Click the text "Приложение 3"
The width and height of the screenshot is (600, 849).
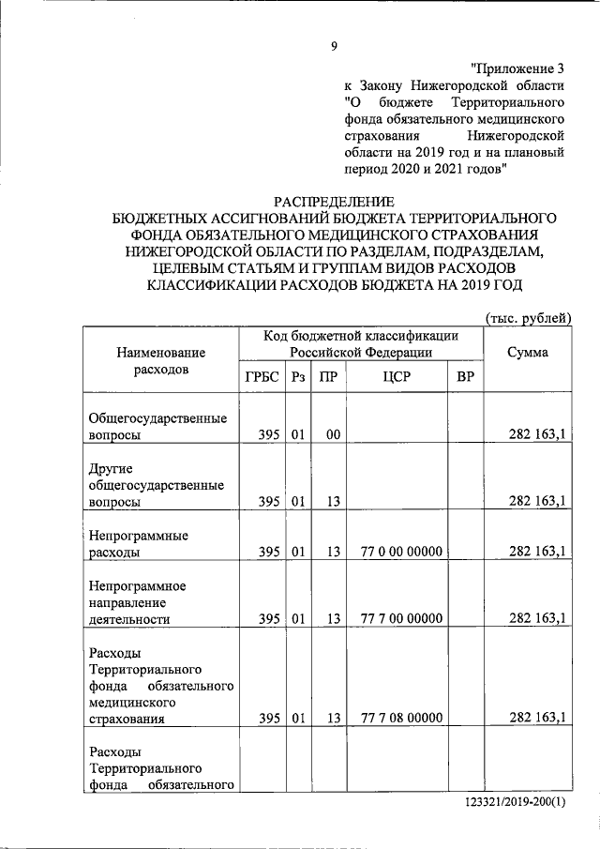tap(517, 68)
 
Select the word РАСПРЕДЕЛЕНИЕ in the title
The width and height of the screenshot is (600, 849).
tap(335, 201)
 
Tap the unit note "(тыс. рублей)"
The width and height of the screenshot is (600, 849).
tap(528, 319)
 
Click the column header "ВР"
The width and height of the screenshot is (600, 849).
tap(465, 377)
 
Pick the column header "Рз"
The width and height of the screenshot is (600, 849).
tap(298, 377)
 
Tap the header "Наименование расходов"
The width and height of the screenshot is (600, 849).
tap(159, 361)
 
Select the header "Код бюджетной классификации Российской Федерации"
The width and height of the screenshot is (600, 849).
tap(361, 343)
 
